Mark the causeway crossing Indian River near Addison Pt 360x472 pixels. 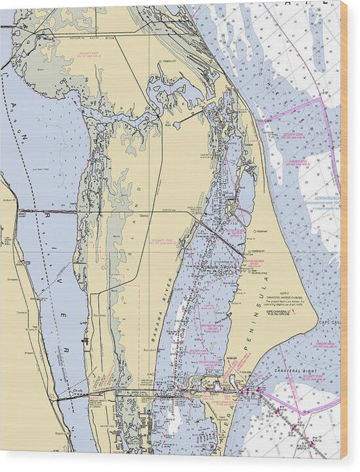click(x=47, y=211)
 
